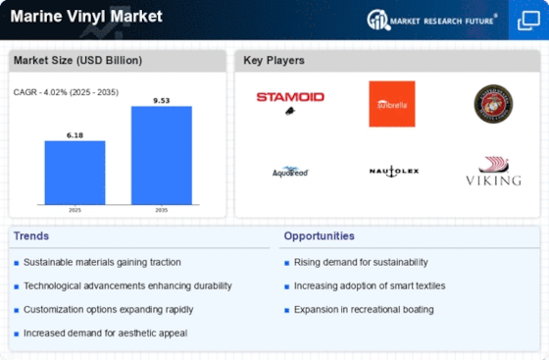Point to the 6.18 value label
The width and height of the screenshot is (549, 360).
click(75, 135)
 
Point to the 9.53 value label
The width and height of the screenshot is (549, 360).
click(162, 100)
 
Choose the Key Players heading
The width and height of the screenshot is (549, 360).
click(274, 61)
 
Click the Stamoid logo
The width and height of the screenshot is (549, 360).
click(290, 99)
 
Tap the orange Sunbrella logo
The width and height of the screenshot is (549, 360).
click(391, 103)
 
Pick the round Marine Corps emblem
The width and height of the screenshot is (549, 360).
click(493, 103)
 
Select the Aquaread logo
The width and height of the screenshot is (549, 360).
click(290, 172)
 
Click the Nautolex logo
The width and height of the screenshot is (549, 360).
click(394, 171)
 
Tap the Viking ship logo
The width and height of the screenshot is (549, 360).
click(493, 172)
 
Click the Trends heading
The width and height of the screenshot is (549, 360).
click(31, 235)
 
